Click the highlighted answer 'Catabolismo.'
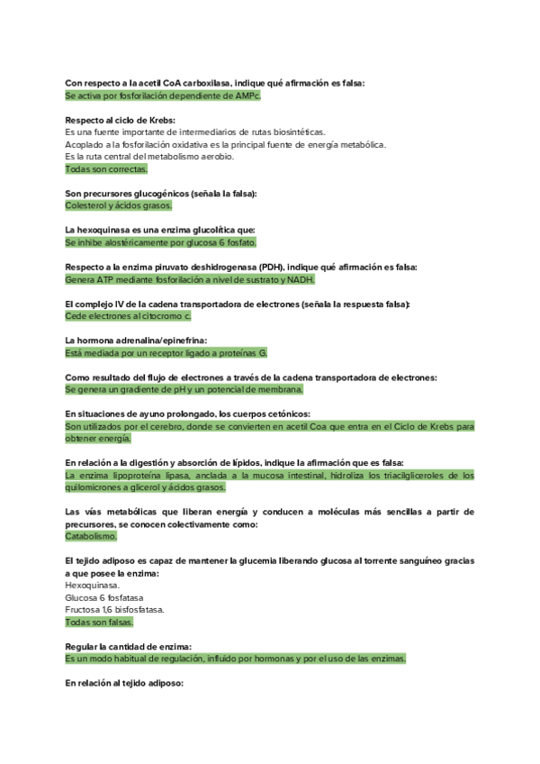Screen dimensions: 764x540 [91, 536]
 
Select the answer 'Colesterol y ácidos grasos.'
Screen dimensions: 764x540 [119, 205]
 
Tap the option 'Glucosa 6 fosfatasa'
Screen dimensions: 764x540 [104, 597]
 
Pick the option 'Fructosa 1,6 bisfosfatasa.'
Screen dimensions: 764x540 [114, 610]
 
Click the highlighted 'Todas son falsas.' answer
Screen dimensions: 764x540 [99, 623]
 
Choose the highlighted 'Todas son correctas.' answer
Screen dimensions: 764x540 [106, 168]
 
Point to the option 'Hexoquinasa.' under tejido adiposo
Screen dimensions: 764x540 [91, 585]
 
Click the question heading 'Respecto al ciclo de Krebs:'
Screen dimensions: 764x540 [121, 119]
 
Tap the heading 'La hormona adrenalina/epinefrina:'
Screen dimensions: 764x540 [136, 341]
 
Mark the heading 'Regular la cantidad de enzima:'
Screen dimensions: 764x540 [128, 647]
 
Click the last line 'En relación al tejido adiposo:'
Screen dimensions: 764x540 [124, 684]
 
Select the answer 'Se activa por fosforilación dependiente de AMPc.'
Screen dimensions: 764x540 [162, 95]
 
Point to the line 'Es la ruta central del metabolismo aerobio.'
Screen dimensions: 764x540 [149, 157]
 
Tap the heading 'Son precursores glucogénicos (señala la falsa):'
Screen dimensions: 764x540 [161, 193]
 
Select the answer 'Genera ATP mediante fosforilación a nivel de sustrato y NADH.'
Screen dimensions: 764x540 [190, 279]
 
